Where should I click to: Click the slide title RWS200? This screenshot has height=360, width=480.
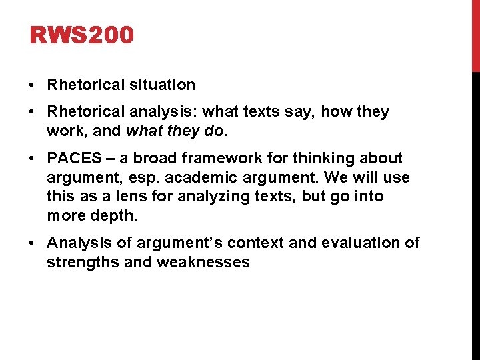[82, 35]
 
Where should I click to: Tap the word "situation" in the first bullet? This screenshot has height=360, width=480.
[163, 85]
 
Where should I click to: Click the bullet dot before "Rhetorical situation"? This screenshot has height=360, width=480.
[33, 85]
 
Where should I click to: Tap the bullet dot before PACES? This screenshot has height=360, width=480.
[33, 159]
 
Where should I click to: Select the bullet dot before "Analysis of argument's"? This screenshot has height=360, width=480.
[33, 243]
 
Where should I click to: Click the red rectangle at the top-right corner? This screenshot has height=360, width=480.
[475, 35]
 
